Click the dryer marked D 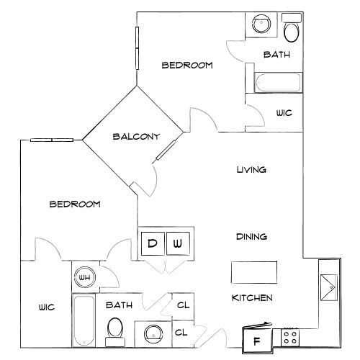(x=153, y=243)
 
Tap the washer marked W (x=178, y=243)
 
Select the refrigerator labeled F (x=257, y=339)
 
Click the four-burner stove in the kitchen (x=290, y=337)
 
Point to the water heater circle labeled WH (x=85, y=277)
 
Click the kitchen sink (x=329, y=287)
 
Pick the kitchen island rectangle (x=254, y=272)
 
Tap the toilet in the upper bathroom (x=292, y=27)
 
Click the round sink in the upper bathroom (x=261, y=24)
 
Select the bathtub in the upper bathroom (x=278, y=82)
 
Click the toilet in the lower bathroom (x=115, y=332)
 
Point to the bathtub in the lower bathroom (x=84, y=320)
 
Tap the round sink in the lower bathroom (x=153, y=334)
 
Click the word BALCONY (x=136, y=137)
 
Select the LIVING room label (x=251, y=170)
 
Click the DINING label (x=251, y=237)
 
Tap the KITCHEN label (x=252, y=298)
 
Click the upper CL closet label (x=183, y=305)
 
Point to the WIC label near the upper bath (x=284, y=113)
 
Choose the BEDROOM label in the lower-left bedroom (x=75, y=204)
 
